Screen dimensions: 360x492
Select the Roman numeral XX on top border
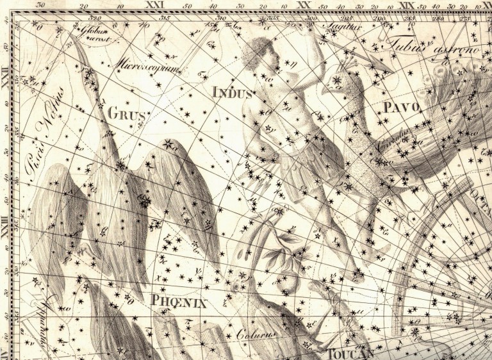[x=304, y=4]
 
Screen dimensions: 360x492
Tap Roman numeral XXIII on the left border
[x=6, y=228]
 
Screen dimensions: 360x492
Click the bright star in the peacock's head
[x=336, y=81]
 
